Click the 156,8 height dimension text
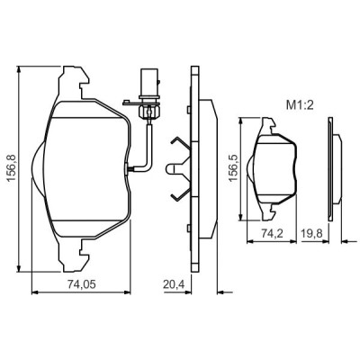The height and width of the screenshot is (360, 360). pyautogui.click(x=11, y=168)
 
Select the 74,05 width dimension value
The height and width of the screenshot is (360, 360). pyautogui.click(x=82, y=284)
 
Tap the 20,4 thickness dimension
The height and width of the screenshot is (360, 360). pyautogui.click(x=174, y=284)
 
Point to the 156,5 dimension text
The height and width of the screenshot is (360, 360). pyautogui.click(x=234, y=167)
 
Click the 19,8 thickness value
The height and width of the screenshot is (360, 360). pyautogui.click(x=312, y=233)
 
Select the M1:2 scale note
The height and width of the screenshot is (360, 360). pyautogui.click(x=300, y=105)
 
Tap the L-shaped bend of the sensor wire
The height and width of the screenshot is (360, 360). pyautogui.click(x=148, y=166)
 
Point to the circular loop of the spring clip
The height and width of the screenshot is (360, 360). pyautogui.click(x=170, y=168)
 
